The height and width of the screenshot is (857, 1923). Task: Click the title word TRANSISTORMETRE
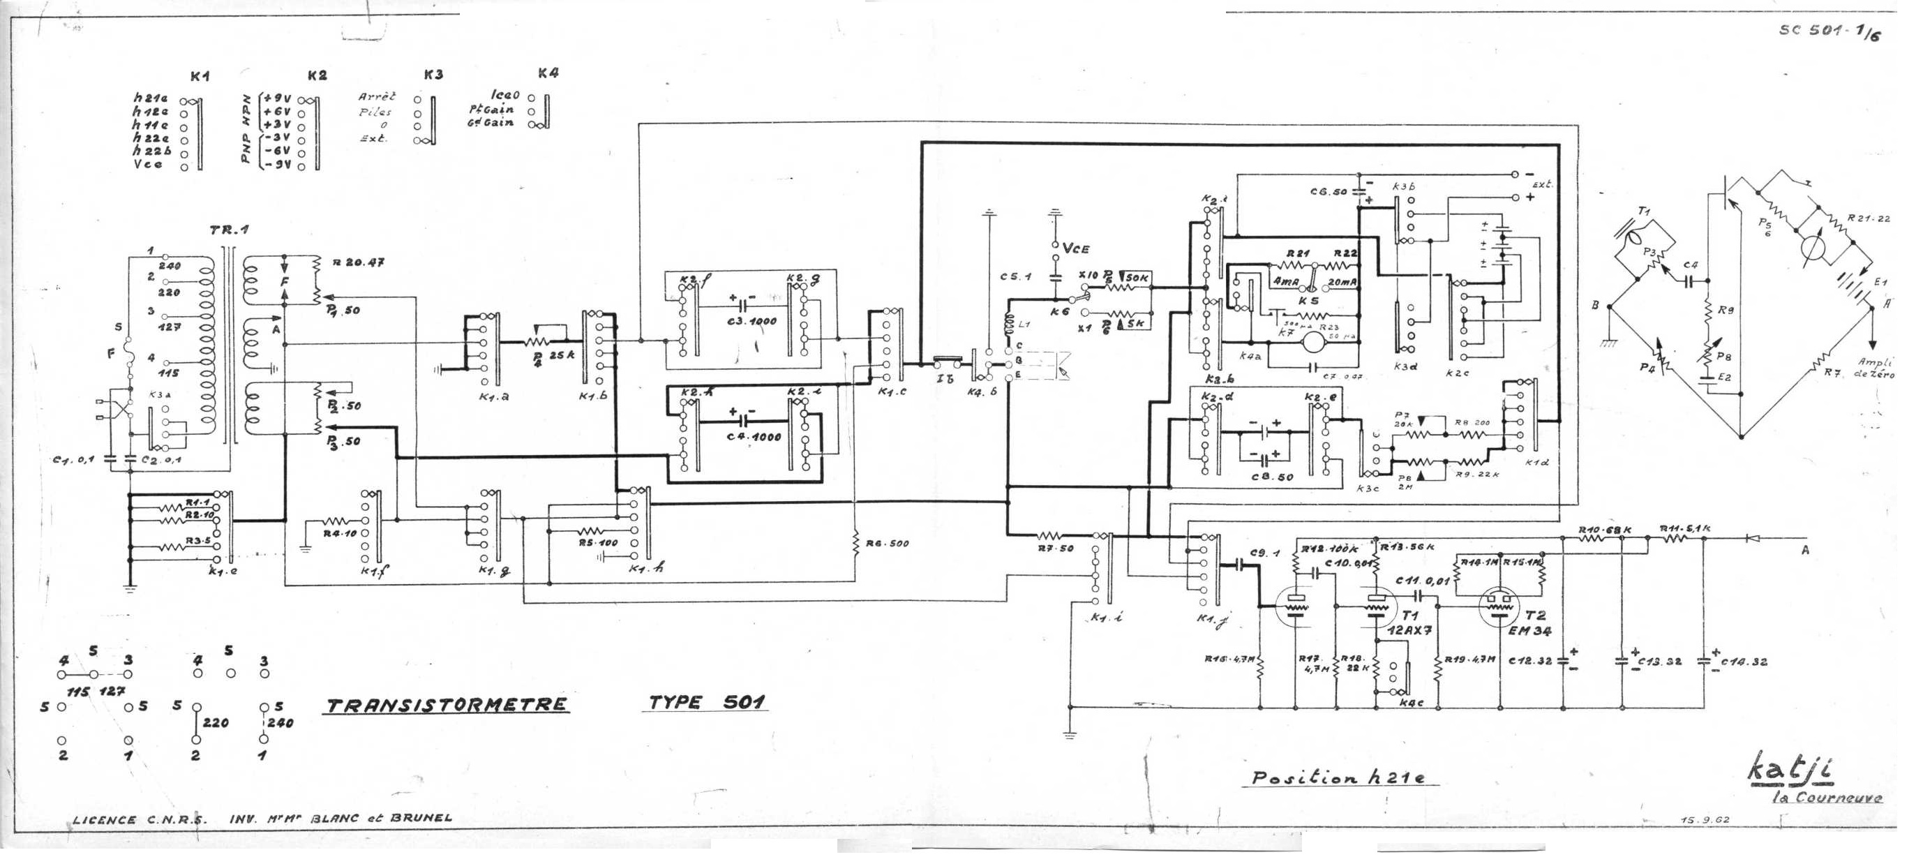[445, 705]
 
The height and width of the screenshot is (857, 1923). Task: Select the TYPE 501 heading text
[706, 703]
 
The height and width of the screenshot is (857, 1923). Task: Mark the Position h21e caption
[1338, 778]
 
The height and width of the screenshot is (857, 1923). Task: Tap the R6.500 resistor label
[887, 544]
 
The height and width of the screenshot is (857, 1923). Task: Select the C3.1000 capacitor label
[751, 322]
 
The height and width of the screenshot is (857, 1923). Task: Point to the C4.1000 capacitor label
[754, 437]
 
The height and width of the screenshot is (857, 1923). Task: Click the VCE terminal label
[1075, 248]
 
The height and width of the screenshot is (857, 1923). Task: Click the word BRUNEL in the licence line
[420, 817]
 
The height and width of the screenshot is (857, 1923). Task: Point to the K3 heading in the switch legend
[433, 75]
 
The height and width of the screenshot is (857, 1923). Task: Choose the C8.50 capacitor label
[1271, 476]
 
